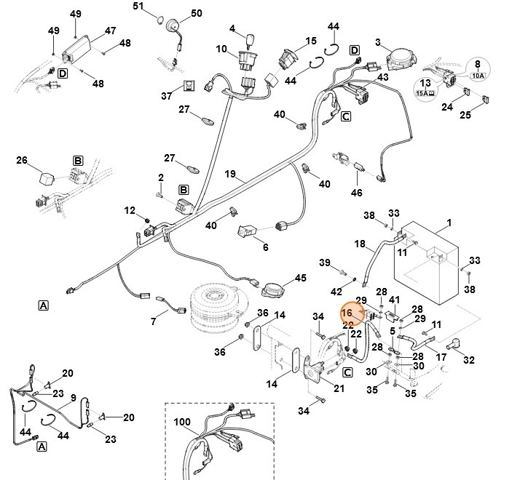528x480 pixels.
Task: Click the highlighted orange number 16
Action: (x=347, y=313)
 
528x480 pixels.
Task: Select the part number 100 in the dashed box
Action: (x=181, y=422)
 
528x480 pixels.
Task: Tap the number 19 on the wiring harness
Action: (x=230, y=174)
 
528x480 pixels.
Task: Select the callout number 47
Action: (x=110, y=31)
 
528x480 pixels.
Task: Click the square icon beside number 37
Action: (x=189, y=86)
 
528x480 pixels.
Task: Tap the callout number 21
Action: (x=339, y=388)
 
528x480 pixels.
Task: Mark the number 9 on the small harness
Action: (x=73, y=398)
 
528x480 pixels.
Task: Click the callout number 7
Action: (x=154, y=321)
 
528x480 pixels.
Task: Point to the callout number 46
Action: (x=356, y=193)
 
